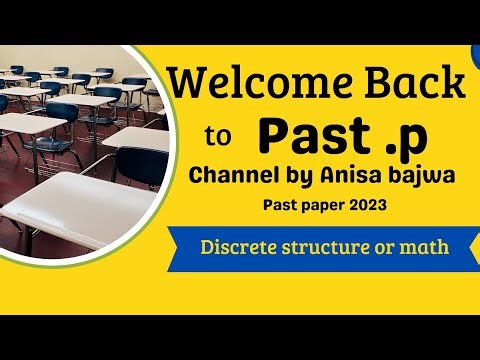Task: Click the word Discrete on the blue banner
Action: [x=241, y=246]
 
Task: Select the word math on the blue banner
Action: [x=425, y=246]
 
